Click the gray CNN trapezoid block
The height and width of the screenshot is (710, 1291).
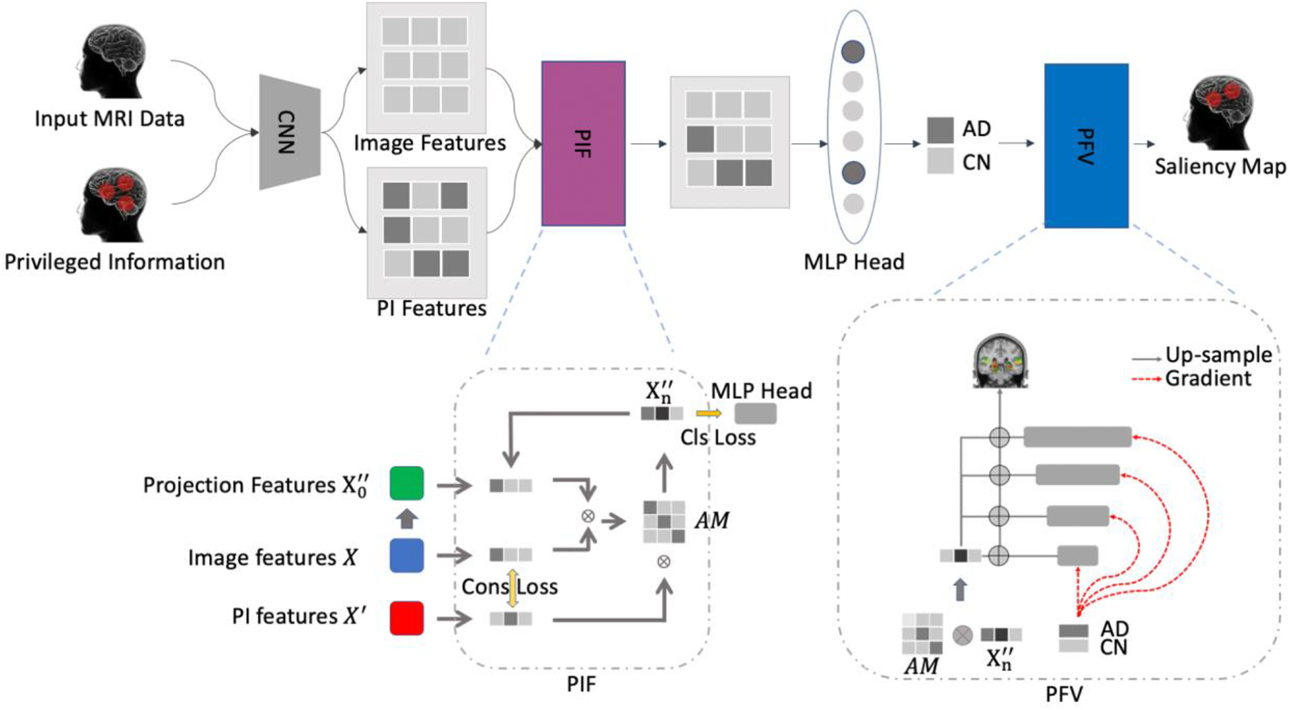(290, 132)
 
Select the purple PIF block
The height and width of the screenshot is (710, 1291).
(583, 143)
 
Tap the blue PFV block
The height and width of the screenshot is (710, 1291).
(1085, 146)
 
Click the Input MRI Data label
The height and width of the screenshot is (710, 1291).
(110, 119)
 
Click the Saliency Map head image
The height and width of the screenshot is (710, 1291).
(1219, 112)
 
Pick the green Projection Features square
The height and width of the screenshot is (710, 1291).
(406, 484)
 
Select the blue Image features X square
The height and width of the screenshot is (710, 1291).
(406, 556)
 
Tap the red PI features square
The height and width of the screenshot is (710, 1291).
(406, 618)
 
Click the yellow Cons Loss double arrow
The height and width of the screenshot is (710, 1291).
(512, 588)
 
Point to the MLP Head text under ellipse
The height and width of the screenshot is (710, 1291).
(853, 262)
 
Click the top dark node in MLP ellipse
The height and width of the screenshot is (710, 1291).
(853, 51)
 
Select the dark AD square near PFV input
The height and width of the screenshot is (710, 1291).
(940, 130)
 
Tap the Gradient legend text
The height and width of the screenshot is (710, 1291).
(1208, 379)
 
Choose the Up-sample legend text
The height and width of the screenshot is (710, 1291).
(1218, 355)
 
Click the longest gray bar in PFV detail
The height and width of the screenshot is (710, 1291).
(1077, 437)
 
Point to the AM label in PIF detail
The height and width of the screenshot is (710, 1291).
(712, 521)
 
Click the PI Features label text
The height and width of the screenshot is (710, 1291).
(431, 308)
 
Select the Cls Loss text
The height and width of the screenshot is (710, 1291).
(717, 438)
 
